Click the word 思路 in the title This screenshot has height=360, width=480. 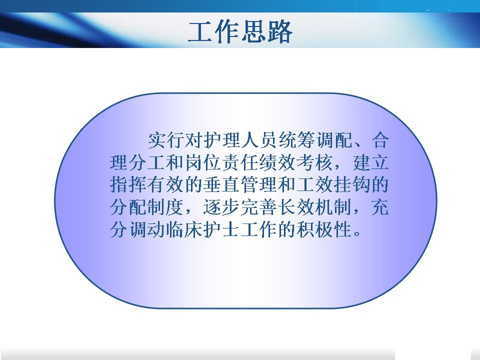[x=266, y=31]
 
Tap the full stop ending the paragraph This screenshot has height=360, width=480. [x=357, y=234]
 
